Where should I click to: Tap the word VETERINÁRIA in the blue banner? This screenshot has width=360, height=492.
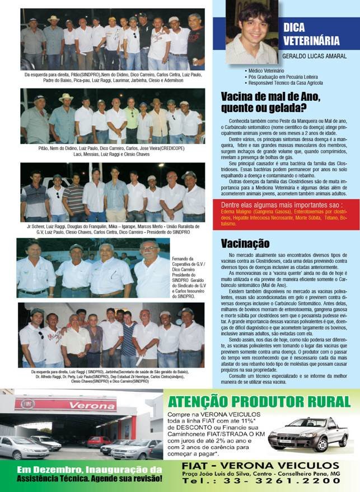point(311,40)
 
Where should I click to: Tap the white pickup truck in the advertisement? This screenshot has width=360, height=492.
point(300,434)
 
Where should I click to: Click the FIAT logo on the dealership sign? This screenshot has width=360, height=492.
point(27,403)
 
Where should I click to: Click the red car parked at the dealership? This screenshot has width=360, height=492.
point(99,442)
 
